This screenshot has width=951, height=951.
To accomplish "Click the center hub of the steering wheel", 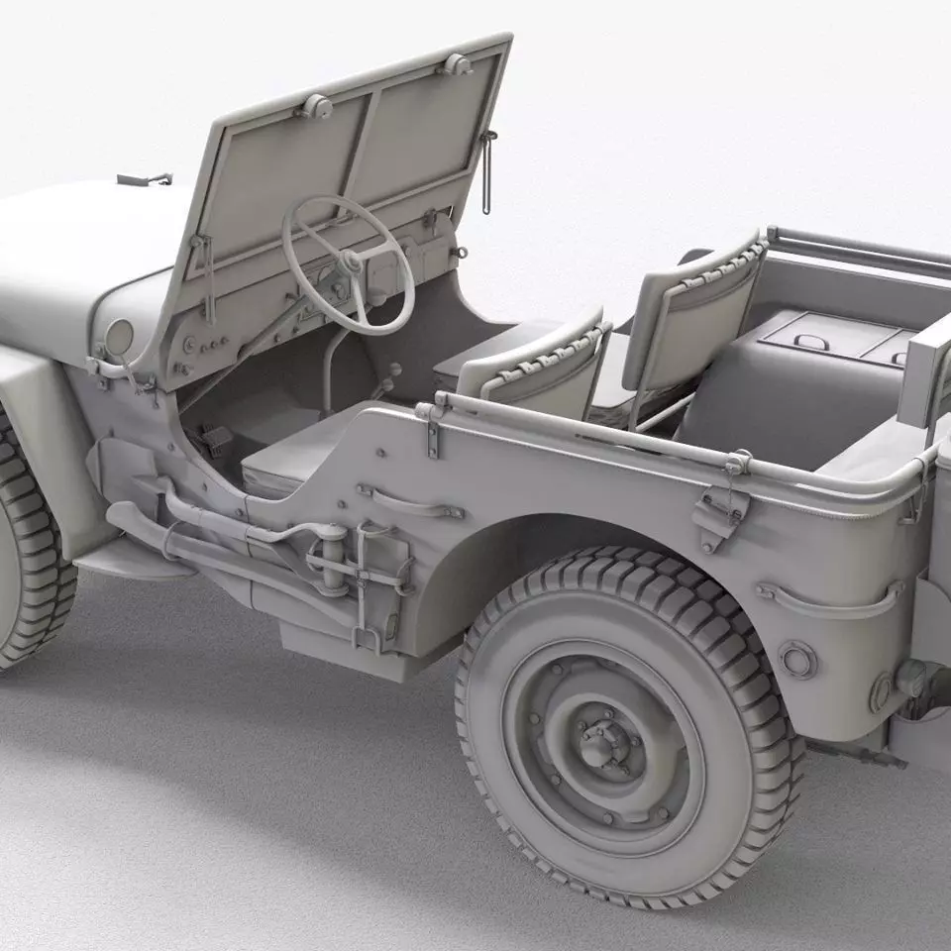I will click(349, 263).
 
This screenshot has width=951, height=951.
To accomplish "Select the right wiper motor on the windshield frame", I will click(456, 64).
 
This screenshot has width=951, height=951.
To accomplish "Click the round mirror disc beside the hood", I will click(119, 337).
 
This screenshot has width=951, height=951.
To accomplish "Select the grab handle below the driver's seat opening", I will click(410, 503).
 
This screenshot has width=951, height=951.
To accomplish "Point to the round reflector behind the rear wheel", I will click(796, 659).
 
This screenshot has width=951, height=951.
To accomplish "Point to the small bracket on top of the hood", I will click(144, 180).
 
